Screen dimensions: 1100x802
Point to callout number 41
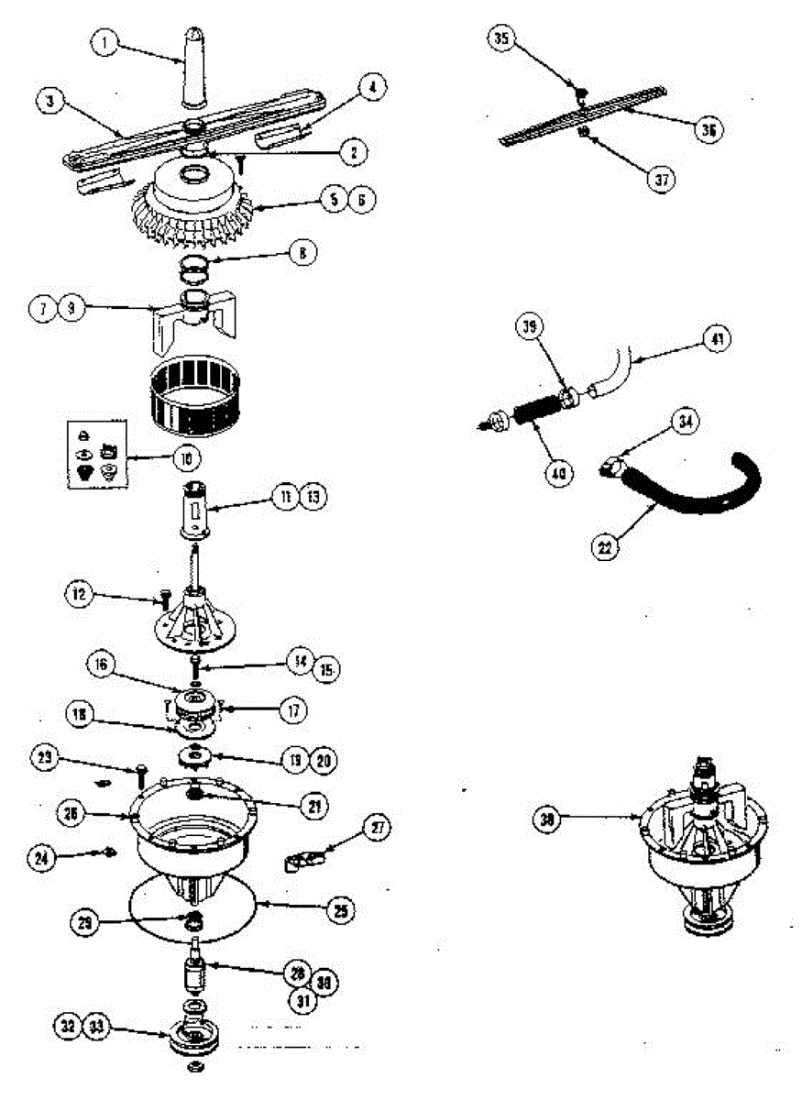716,339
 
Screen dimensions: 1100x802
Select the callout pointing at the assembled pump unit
548,820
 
